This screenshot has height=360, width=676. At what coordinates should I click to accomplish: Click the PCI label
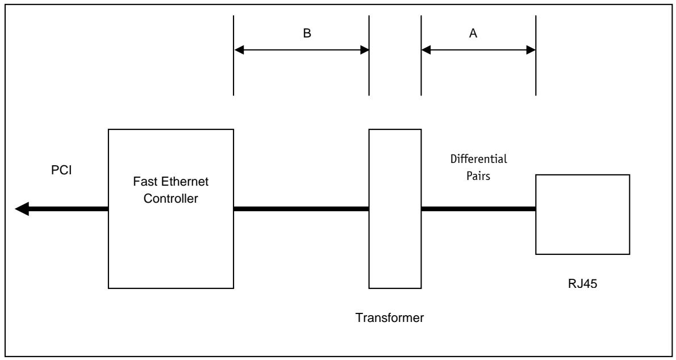click(x=62, y=170)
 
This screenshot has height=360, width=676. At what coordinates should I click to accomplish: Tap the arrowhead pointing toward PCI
click(x=22, y=208)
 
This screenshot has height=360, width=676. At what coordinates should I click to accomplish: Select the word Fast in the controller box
click(x=144, y=182)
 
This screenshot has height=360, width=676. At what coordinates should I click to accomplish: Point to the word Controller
click(x=171, y=199)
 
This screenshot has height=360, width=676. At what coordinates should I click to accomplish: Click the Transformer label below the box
click(x=390, y=318)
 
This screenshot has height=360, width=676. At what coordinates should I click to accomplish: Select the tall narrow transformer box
click(x=395, y=208)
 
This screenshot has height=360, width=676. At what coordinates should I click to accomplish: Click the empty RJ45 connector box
click(x=582, y=214)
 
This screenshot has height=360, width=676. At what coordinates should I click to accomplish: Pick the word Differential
click(x=478, y=159)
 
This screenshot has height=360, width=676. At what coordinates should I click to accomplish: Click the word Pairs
click(x=478, y=176)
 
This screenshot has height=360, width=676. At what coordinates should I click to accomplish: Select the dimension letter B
click(x=307, y=34)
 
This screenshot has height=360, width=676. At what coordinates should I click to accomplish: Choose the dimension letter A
click(x=473, y=34)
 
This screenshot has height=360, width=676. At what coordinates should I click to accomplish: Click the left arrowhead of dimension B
click(x=239, y=50)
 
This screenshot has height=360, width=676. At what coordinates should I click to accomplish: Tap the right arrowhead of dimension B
click(x=364, y=50)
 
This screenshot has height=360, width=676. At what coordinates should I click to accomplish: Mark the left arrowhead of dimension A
click(x=427, y=50)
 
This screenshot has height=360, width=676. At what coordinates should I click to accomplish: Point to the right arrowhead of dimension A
click(x=530, y=50)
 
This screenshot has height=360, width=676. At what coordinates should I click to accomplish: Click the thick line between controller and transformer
click(x=301, y=209)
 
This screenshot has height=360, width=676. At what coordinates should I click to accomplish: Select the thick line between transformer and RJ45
click(x=478, y=209)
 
